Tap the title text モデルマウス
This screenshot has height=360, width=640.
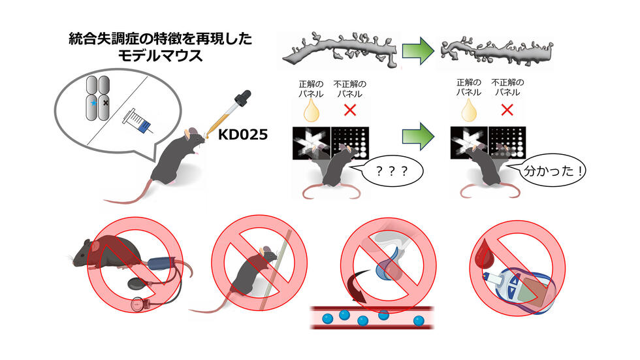(160, 57)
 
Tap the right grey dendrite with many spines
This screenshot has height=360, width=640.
(496, 52)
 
